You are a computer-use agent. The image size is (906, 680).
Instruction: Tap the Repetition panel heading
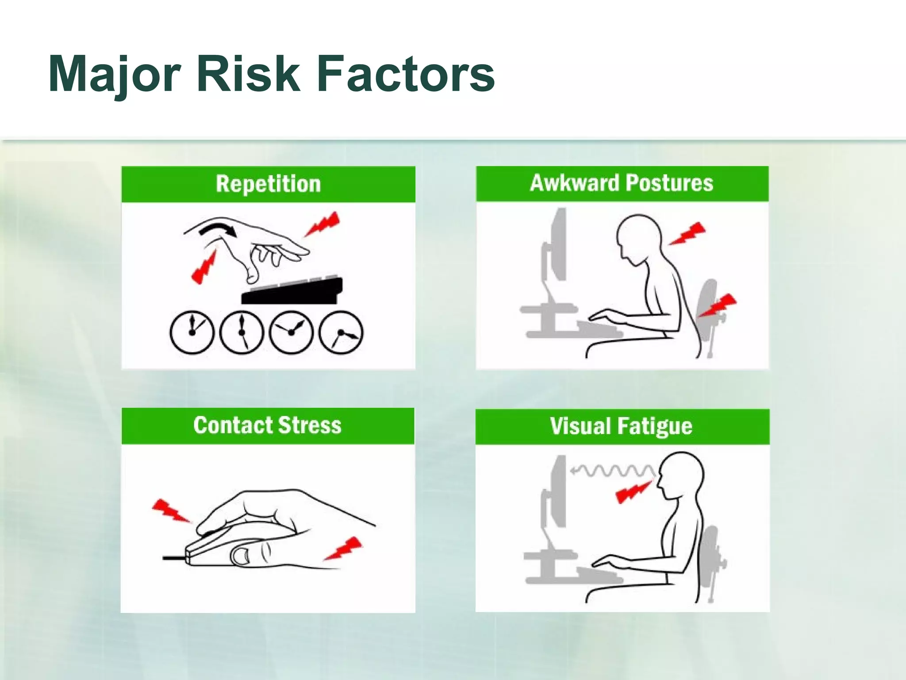pos(268,184)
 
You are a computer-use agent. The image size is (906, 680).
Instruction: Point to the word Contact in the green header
pos(233,425)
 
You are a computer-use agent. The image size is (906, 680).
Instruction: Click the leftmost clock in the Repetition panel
pos(192,332)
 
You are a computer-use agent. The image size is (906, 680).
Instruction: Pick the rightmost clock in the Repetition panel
pos(341,332)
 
